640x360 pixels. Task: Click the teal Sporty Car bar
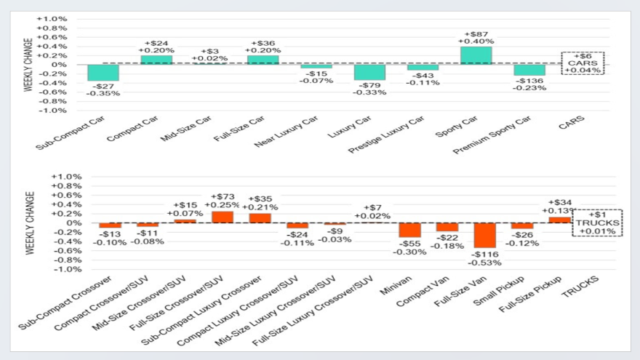476,55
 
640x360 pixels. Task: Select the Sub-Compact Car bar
103,72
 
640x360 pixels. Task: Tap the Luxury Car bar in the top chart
369,71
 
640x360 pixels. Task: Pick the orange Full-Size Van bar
484,236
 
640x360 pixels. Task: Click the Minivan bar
410,230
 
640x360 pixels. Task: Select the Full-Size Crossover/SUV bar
223,217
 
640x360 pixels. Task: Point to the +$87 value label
476,33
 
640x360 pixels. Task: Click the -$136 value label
529,81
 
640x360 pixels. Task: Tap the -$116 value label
484,254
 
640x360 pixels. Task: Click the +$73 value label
223,197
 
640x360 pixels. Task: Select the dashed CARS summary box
583,63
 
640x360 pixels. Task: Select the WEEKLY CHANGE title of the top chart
28,65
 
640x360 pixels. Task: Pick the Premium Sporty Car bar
529,70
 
